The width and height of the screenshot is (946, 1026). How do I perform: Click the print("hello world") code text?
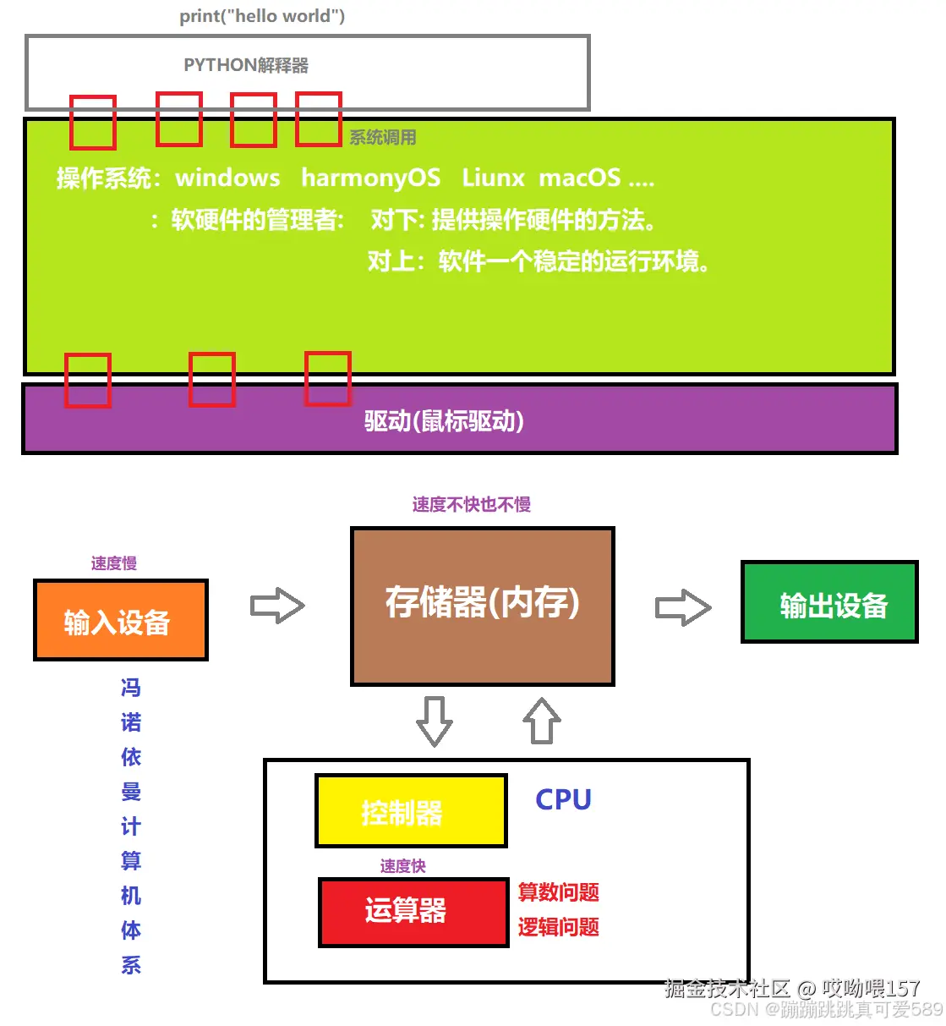[x=262, y=16]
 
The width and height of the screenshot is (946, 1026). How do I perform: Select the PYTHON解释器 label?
[x=246, y=65]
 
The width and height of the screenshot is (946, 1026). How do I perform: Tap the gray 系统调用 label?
[x=383, y=137]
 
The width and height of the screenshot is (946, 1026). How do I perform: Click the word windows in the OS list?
[x=227, y=178]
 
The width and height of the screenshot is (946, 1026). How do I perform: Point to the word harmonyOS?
[x=370, y=178]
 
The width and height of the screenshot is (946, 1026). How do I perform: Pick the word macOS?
[x=580, y=178]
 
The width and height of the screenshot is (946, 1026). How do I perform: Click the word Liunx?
[x=493, y=178]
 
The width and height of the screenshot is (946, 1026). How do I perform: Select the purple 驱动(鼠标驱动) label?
[x=444, y=420]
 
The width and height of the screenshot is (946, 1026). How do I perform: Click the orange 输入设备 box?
[x=120, y=620]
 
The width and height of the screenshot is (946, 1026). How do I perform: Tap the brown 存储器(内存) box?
[x=482, y=606]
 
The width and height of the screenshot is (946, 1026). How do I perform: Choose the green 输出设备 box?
[x=829, y=602]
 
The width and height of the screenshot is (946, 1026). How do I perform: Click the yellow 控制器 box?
[x=411, y=811]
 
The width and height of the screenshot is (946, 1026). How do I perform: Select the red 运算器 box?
[x=413, y=912]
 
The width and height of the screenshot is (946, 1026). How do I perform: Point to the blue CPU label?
[x=563, y=799]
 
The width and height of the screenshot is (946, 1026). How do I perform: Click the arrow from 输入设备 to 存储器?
[x=277, y=606]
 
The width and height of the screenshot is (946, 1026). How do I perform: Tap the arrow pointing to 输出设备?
[x=683, y=607]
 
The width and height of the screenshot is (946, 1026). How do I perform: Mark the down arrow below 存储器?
[x=435, y=721]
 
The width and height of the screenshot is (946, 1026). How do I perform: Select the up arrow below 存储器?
[x=542, y=721]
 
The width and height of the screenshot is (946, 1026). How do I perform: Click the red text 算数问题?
[x=558, y=892]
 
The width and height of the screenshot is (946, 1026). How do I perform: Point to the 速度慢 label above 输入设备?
[x=114, y=563]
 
